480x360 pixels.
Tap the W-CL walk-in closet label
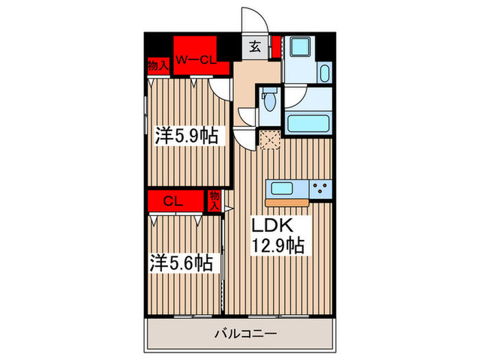195,60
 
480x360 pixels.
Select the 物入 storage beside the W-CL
158,67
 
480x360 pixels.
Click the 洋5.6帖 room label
181,262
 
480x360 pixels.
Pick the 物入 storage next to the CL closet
214,200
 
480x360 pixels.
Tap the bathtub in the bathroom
309,125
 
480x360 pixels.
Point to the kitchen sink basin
284,187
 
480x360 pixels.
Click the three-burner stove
320,187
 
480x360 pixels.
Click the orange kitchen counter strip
288,202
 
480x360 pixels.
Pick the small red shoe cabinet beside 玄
274,47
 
